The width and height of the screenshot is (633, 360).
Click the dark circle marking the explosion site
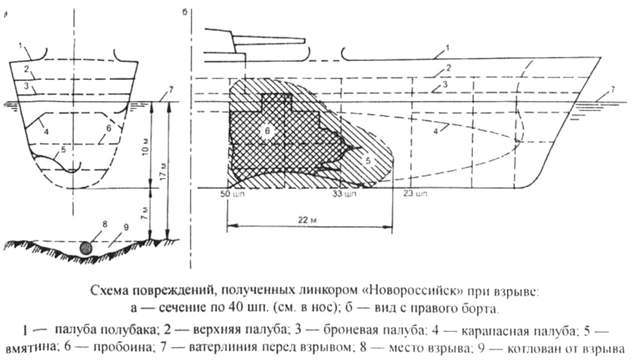[x=85, y=247]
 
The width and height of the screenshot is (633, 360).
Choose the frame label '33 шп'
[x=341, y=194]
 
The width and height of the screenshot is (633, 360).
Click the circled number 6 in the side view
[x=266, y=130]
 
